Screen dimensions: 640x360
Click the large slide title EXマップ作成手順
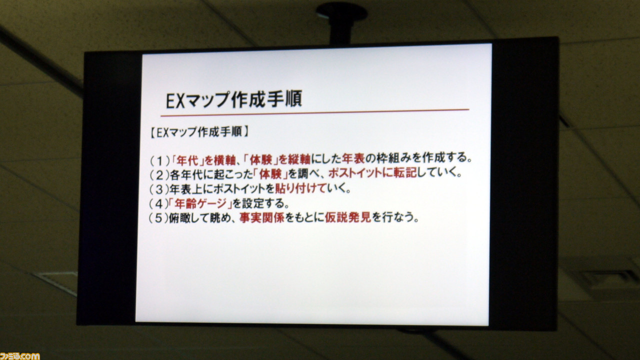[233, 99]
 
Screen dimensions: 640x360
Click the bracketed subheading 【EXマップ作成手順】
[199, 132]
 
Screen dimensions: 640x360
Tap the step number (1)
[159, 161]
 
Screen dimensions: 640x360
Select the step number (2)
[159, 175]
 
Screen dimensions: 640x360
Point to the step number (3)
[159, 189]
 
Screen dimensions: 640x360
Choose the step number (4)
[158, 203]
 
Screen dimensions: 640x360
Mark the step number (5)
[158, 218]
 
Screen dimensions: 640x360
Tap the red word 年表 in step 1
[353, 158]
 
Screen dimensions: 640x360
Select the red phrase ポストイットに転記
[372, 173]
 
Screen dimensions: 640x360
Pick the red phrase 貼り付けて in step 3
[300, 188]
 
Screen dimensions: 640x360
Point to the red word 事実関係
[262, 218]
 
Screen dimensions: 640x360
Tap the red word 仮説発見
[348, 217]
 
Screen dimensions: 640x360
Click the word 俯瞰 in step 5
[180, 218]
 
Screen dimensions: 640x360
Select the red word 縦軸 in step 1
[299, 159]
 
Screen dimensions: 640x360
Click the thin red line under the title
[315, 112]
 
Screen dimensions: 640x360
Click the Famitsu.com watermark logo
[20, 356]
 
